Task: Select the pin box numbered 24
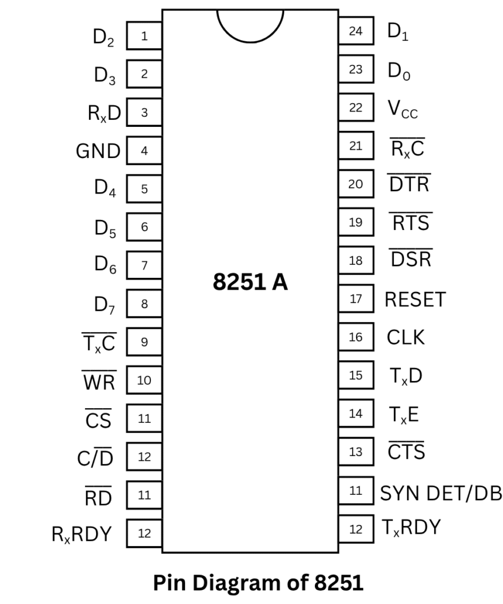(x=356, y=31)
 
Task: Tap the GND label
(x=98, y=152)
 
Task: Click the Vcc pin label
(x=402, y=109)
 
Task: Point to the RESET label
(x=415, y=300)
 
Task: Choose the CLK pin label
(x=405, y=338)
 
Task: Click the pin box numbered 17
(x=356, y=298)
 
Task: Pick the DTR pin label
(x=409, y=185)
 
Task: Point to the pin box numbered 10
(x=144, y=380)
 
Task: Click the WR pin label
(x=98, y=382)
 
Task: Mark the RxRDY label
(x=82, y=534)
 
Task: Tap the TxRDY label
(x=411, y=527)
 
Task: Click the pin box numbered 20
(x=356, y=184)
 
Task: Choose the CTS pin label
(x=406, y=452)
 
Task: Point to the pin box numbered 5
(x=144, y=189)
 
